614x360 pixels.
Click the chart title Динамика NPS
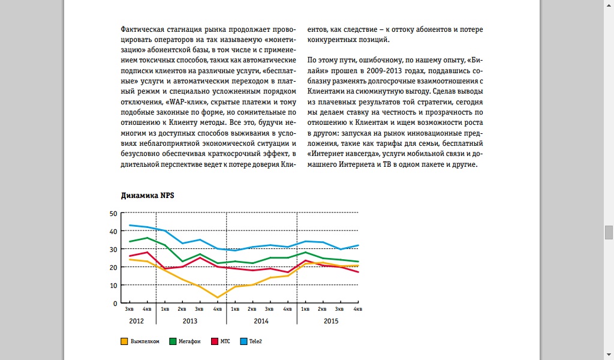tap(148, 196)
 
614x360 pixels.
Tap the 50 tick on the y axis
tap(113, 214)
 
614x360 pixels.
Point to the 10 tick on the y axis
tap(113, 285)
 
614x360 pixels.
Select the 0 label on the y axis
tap(115, 303)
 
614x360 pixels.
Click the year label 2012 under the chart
tap(136, 321)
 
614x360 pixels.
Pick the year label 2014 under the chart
tap(261, 321)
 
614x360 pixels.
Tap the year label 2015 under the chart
tap(331, 321)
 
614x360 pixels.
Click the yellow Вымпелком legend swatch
tap(124, 341)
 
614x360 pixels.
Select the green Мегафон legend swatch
tap(173, 341)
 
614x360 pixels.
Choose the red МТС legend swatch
tap(214, 341)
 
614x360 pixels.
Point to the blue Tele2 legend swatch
tap(243, 341)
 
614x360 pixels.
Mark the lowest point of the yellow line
tap(217, 298)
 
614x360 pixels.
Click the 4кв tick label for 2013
tap(217, 309)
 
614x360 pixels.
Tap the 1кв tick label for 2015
tap(305, 309)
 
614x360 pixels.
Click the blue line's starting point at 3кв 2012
tap(130, 225)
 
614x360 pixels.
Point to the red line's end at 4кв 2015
tap(358, 272)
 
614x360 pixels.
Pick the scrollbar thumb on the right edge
tap(609, 232)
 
